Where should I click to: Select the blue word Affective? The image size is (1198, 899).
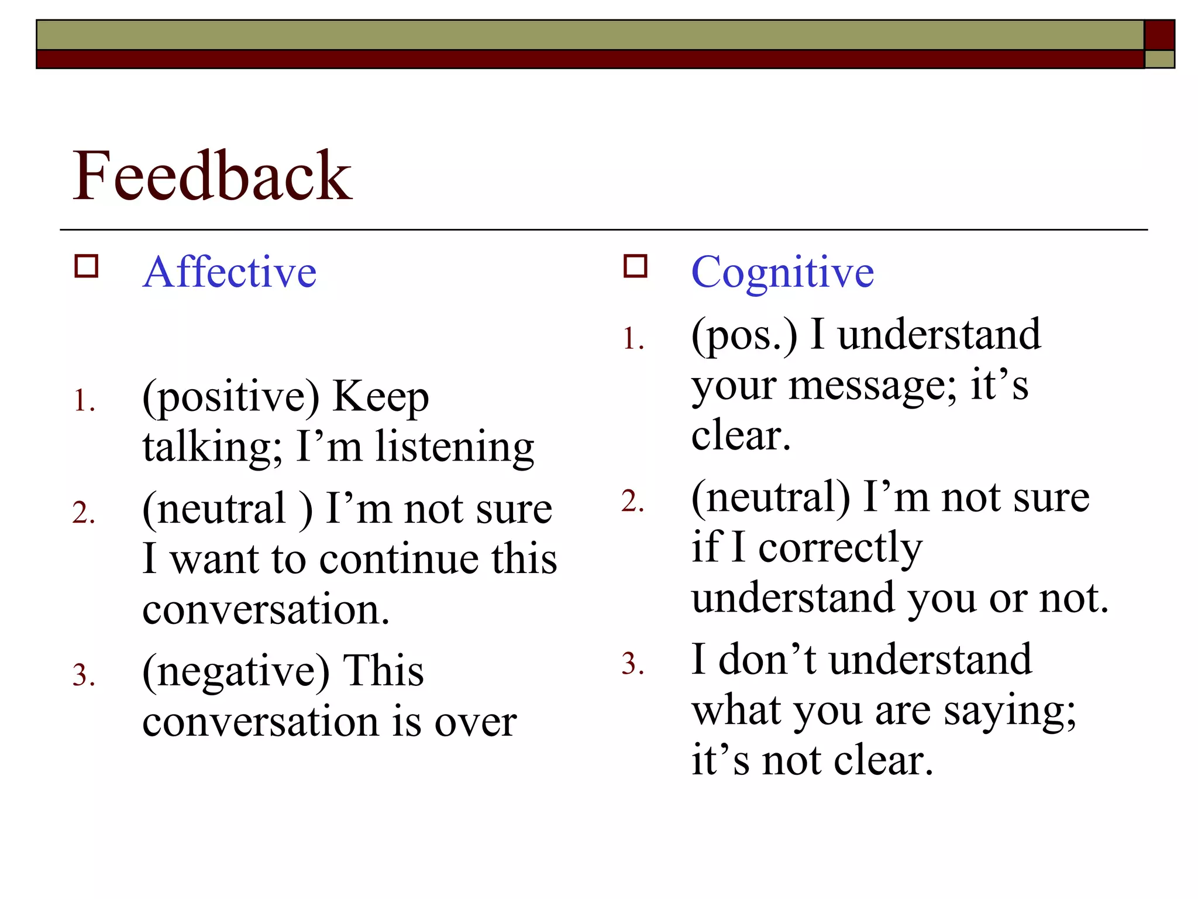pos(229,272)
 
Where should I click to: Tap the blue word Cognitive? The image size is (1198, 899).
pos(782,272)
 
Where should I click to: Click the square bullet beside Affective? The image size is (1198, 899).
pos(87,266)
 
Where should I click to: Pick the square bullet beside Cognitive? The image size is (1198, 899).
pos(635,266)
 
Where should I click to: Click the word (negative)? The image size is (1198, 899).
pos(236,672)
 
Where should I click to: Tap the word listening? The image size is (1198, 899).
pos(455,448)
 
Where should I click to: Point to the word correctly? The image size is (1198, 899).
pos(840,549)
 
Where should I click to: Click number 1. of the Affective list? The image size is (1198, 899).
pos(84,402)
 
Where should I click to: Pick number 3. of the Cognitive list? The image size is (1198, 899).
pos(633,664)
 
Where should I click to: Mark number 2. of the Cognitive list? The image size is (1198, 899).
pos(633,502)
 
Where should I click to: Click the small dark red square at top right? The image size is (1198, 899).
pos(1159,35)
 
